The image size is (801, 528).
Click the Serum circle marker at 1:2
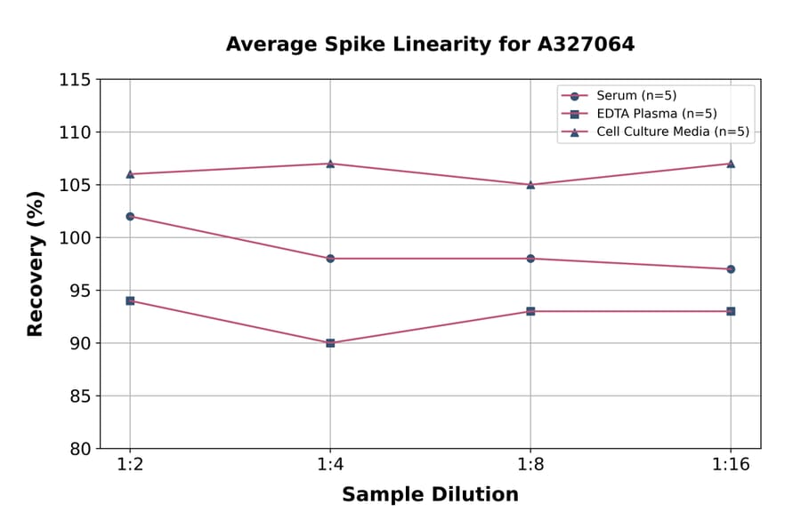pyautogui.click(x=130, y=216)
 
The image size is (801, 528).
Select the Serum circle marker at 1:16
pyautogui.click(x=731, y=268)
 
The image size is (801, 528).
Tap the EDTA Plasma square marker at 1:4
pyautogui.click(x=330, y=342)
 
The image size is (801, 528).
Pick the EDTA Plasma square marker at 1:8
pyautogui.click(x=530, y=311)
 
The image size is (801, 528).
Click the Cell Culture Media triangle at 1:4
pyautogui.click(x=330, y=164)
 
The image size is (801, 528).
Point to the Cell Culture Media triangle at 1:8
pyautogui.click(x=530, y=185)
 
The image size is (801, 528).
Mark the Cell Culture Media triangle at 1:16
pyautogui.click(x=731, y=164)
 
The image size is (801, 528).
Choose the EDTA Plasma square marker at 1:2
pyautogui.click(x=130, y=300)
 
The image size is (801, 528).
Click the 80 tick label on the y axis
pyautogui.click(x=80, y=449)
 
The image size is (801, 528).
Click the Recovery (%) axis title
pyautogui.click(x=36, y=264)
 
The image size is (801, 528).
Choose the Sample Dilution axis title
pyautogui.click(x=430, y=495)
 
